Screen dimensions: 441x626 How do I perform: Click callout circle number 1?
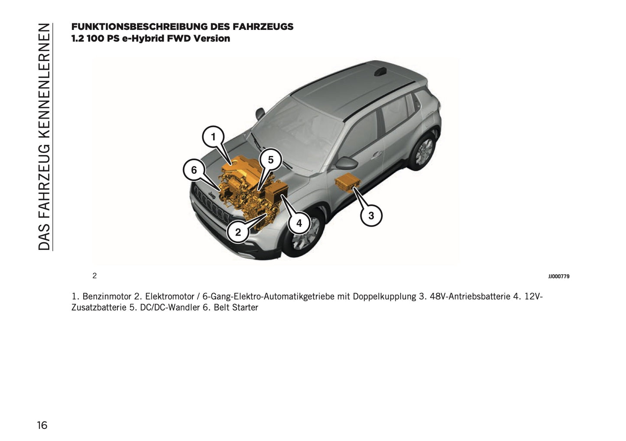tap(213, 137)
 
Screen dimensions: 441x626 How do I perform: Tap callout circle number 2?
tap(238, 232)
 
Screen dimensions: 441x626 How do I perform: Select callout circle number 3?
tap(371, 215)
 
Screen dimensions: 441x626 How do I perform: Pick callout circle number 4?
tap(299, 224)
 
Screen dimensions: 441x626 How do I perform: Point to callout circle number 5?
tap(271, 160)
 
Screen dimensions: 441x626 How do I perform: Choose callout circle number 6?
tap(194, 170)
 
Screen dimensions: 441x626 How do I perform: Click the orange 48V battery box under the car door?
tap(347, 183)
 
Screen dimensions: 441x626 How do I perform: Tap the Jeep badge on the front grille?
tap(212, 196)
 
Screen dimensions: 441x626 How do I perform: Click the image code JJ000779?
tap(558, 276)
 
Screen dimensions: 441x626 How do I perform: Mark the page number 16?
tap(42, 425)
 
